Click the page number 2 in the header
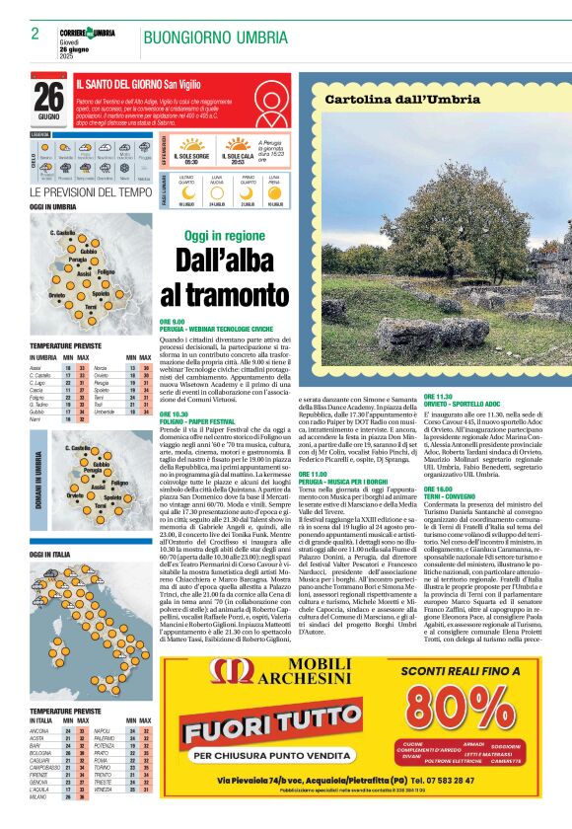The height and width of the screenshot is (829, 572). point(35,35)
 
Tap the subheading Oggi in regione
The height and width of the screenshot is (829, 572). point(211,237)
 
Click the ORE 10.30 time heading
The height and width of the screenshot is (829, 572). point(174,414)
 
